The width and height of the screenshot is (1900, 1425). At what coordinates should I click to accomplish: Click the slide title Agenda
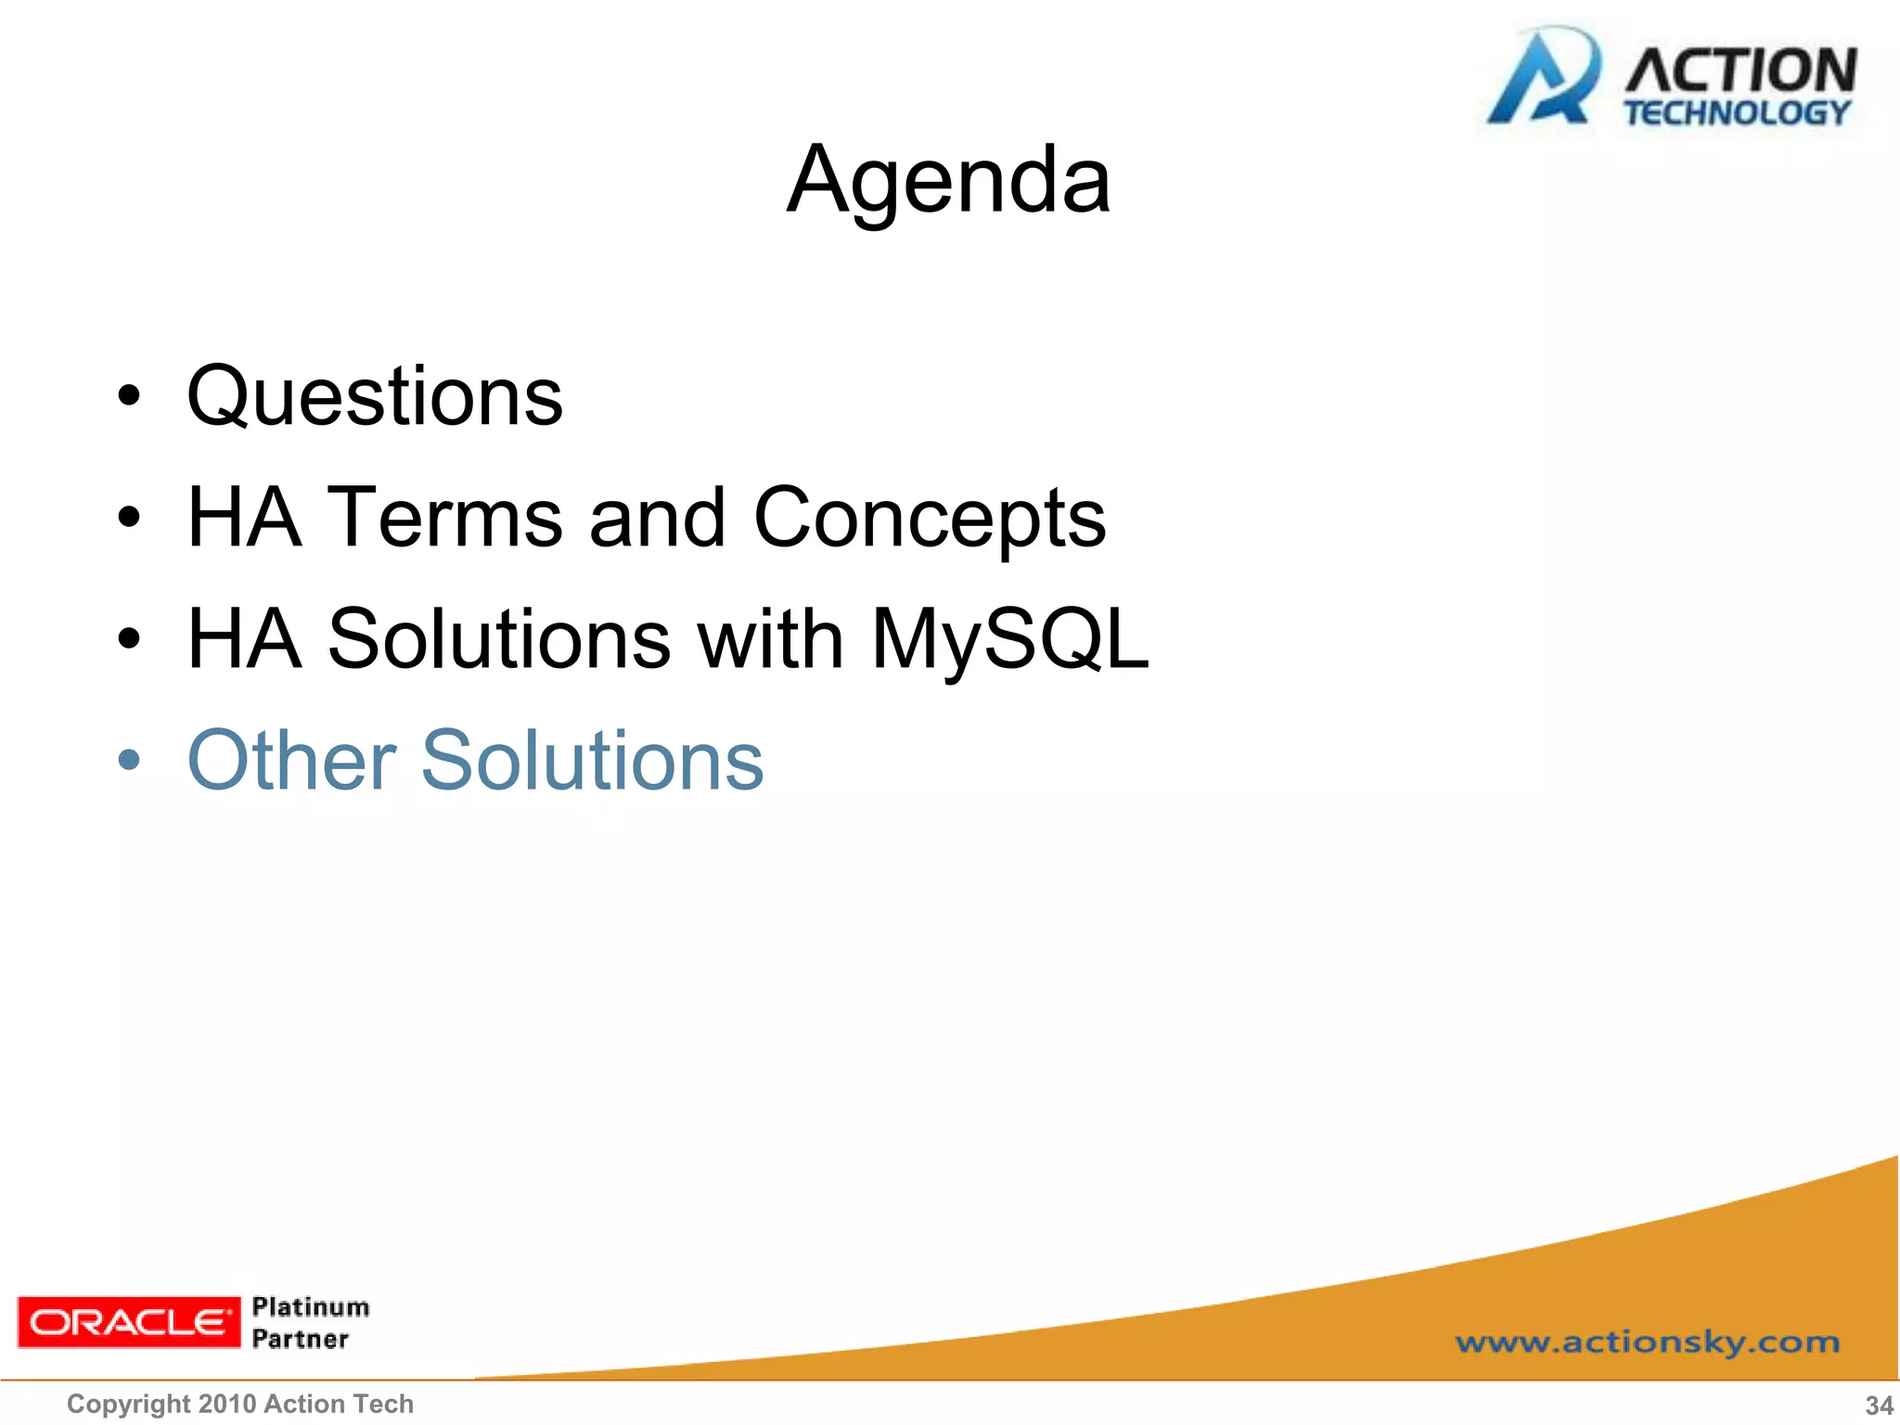click(948, 181)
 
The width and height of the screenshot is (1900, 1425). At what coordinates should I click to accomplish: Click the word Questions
click(375, 397)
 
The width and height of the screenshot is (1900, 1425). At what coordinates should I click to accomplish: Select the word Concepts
click(930, 520)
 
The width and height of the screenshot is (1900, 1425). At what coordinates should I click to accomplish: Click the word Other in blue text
click(292, 761)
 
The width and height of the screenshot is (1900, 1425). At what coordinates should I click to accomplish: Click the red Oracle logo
click(128, 1322)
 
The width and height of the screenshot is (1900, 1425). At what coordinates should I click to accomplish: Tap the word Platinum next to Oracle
click(311, 1307)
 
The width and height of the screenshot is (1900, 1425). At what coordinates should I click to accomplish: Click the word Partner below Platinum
click(301, 1339)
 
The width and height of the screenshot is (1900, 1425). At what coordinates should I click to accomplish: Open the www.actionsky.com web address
click(1647, 1342)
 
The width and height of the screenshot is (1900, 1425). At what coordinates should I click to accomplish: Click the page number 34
click(1879, 1406)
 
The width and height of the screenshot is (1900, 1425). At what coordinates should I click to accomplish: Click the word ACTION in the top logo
click(1740, 71)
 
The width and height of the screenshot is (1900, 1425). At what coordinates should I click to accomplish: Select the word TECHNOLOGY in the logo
click(1737, 113)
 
